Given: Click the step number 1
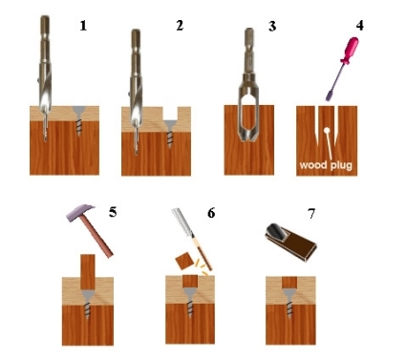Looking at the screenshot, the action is (x=83, y=26).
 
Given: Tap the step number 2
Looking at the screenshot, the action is (x=180, y=26).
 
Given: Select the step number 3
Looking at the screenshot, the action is (x=272, y=26).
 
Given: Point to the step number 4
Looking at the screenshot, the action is (x=359, y=26).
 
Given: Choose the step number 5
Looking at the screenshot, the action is (x=113, y=212).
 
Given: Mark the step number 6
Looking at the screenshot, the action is (x=211, y=213).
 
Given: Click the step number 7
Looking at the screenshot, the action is (x=311, y=213).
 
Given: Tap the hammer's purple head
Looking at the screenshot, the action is (x=79, y=212).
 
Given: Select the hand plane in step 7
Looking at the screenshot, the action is (x=290, y=242).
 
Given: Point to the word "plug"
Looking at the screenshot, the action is (x=341, y=166).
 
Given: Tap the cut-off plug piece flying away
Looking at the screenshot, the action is (x=185, y=262).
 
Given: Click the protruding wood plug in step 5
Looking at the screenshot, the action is (x=88, y=272).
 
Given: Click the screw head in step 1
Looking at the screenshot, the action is (x=78, y=111).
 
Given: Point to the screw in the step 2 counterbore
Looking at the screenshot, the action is (x=170, y=134).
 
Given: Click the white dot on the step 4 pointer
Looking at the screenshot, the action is (x=327, y=130).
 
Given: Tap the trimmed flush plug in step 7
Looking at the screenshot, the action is (x=289, y=283).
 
